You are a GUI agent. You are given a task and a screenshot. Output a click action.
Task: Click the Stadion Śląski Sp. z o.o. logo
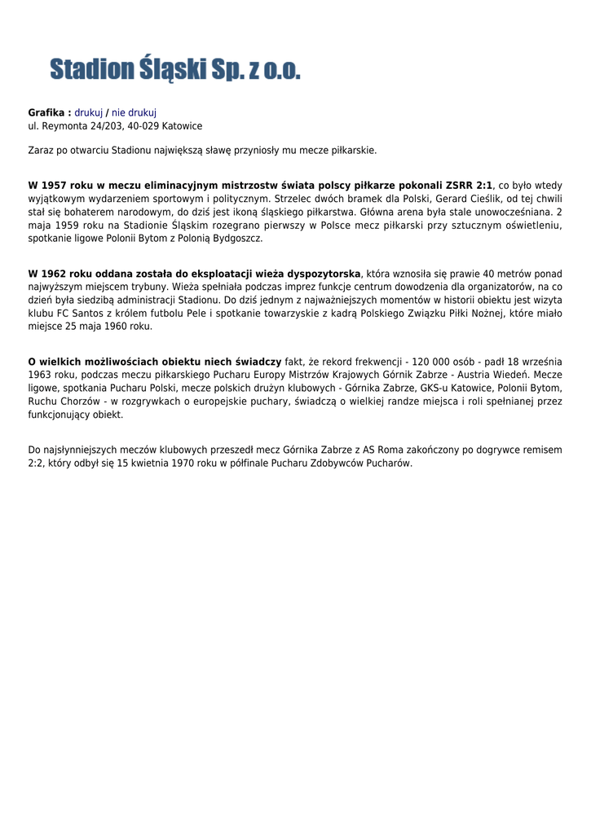point(175,69)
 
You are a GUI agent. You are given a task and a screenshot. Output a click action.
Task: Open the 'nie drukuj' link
point(134,112)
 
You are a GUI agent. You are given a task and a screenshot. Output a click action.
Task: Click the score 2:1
point(482,186)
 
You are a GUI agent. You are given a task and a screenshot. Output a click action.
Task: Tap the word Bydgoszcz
point(236,239)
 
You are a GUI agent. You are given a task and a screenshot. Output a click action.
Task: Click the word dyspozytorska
point(321,274)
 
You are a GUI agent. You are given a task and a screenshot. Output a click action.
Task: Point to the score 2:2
point(38,463)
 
